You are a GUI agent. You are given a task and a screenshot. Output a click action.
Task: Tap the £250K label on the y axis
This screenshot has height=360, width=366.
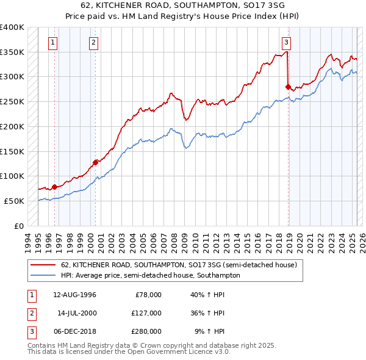[x=12, y=101]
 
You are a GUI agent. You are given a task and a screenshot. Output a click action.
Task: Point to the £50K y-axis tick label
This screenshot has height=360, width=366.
[x=14, y=201]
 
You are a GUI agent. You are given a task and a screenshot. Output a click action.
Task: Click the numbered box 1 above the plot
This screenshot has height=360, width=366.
[x=54, y=43]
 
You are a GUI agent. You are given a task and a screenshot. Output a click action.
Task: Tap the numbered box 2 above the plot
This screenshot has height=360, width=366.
[x=94, y=43]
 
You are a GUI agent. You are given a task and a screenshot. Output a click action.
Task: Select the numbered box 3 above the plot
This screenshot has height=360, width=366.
[x=286, y=43]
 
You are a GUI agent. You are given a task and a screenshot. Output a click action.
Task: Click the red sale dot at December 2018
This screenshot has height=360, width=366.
[x=288, y=87]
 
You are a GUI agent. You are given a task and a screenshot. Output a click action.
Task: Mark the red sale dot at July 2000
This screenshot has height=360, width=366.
[x=95, y=162]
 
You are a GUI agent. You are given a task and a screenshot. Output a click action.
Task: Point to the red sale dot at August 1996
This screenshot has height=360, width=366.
[x=54, y=187]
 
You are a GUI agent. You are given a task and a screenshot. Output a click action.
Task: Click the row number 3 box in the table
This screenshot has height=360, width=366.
[x=30, y=331]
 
